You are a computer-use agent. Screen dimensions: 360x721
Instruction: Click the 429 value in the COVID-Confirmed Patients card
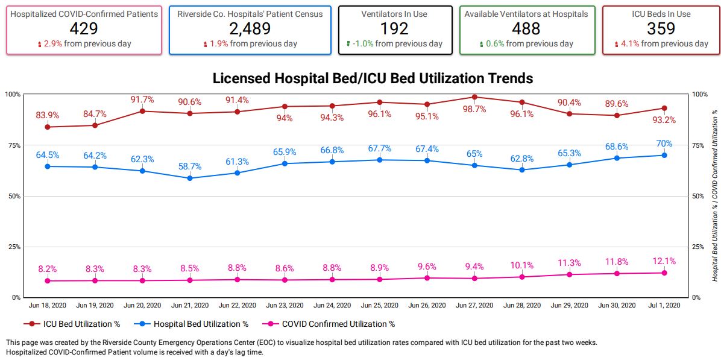coord(84,28)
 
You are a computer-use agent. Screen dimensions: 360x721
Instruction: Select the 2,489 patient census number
coord(250,28)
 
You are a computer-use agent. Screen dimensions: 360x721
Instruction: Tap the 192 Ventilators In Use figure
coord(395,28)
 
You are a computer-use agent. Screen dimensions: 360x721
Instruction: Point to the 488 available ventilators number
coord(526,28)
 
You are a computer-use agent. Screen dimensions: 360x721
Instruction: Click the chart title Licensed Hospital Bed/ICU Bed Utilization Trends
coord(373,78)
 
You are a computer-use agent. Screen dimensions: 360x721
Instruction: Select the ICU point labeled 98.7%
coord(474,97)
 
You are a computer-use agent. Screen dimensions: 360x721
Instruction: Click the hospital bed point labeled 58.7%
coord(190,178)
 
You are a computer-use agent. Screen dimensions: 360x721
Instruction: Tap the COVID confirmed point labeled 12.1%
coord(664,273)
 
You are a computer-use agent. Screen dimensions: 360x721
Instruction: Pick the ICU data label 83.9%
coord(48,115)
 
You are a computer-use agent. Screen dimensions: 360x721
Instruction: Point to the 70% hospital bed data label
coord(664,144)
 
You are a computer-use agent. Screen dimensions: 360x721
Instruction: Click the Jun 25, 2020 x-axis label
coord(379,306)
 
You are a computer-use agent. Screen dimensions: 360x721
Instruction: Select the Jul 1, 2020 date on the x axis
coord(664,306)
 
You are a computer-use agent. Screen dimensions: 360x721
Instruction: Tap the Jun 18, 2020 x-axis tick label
coord(47,306)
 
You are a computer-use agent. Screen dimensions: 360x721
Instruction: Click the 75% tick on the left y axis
coord(13,145)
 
